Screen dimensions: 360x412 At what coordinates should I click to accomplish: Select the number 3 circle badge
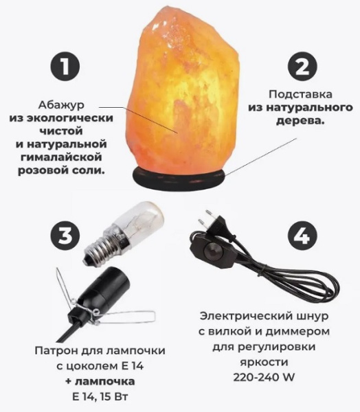coord(65,235)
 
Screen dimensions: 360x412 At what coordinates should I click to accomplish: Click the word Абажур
coord(61,105)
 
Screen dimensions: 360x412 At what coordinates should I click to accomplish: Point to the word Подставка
coord(300,94)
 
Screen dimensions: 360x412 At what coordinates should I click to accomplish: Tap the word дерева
coord(300,121)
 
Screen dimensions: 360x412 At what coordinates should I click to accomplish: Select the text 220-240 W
coord(264,377)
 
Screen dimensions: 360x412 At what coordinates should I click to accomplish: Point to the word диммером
coord(297,332)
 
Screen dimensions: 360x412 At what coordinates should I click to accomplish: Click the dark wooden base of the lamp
coord(179,179)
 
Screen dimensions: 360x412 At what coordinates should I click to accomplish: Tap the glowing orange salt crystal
coord(185,89)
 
